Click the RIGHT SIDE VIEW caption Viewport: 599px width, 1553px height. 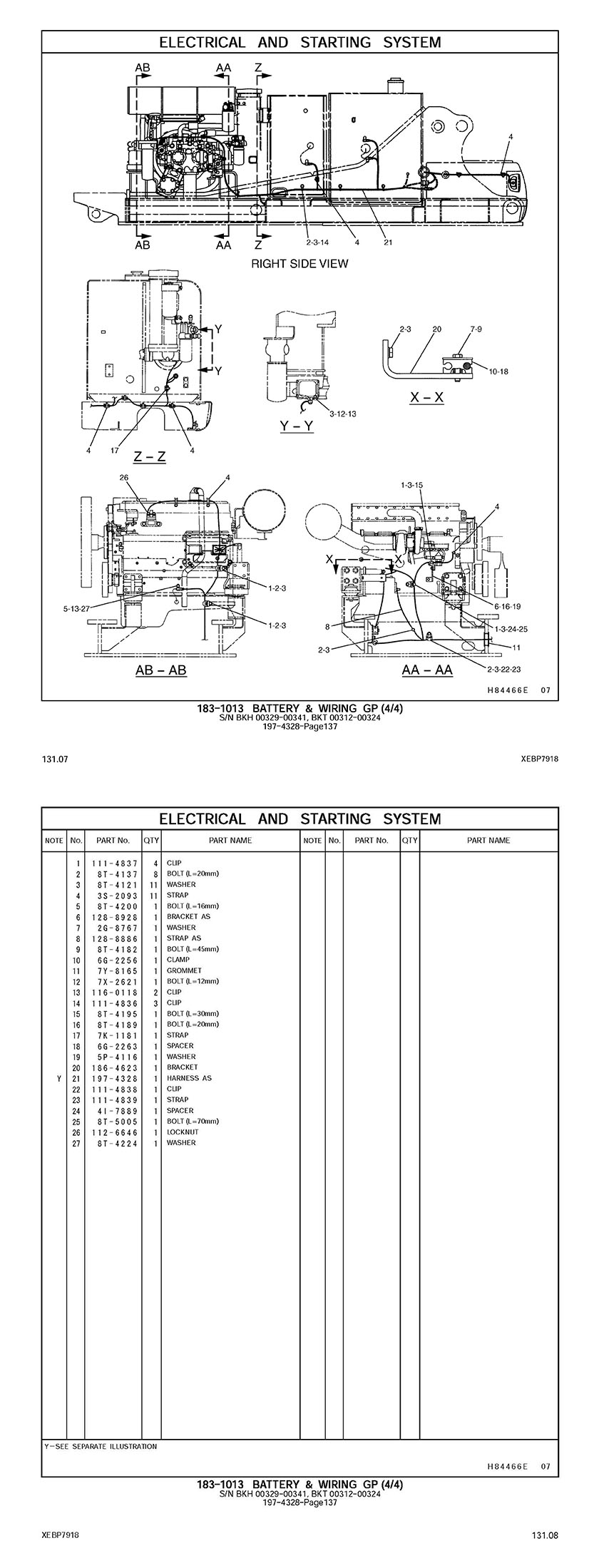tap(299, 264)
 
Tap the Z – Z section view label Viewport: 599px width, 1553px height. tap(150, 456)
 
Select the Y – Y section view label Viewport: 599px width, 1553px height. tap(297, 427)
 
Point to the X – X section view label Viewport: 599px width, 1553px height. tap(426, 398)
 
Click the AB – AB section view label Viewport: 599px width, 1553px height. tap(161, 670)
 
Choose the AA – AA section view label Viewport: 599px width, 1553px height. tap(427, 670)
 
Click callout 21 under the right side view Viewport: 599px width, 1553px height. tap(388, 242)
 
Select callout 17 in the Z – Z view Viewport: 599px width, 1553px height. tap(115, 450)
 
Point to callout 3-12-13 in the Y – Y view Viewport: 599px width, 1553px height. tap(343, 414)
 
